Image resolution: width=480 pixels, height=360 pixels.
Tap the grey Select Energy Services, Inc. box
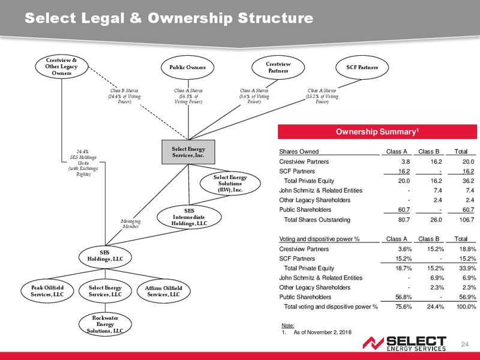coord(188,152)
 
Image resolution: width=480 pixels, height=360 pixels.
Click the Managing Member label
coord(131,223)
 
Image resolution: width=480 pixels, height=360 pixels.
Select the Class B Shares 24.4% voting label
coord(125,96)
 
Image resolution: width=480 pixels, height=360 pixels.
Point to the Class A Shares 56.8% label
coord(188,96)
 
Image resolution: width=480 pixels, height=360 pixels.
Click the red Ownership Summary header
coord(377,131)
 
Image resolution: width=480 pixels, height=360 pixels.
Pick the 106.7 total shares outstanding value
coord(467,220)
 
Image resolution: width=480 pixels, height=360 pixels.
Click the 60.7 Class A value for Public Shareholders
coord(404,209)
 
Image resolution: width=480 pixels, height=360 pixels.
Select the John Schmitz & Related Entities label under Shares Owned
coord(320,190)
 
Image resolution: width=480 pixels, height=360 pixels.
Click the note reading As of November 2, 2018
coord(322,332)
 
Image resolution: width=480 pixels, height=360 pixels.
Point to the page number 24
coord(464,344)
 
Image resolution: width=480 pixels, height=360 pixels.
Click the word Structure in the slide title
coord(275,18)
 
